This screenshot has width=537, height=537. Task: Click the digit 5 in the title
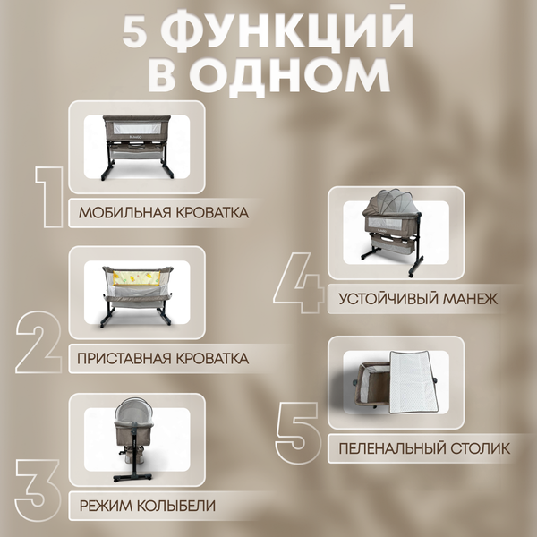click(x=140, y=33)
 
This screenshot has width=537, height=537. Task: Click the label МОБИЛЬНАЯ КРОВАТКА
click(x=163, y=213)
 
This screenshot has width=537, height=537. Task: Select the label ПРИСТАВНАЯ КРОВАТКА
click(x=164, y=359)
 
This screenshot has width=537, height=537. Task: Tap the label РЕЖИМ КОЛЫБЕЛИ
click(x=147, y=506)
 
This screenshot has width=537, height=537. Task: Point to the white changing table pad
click(x=415, y=379)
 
